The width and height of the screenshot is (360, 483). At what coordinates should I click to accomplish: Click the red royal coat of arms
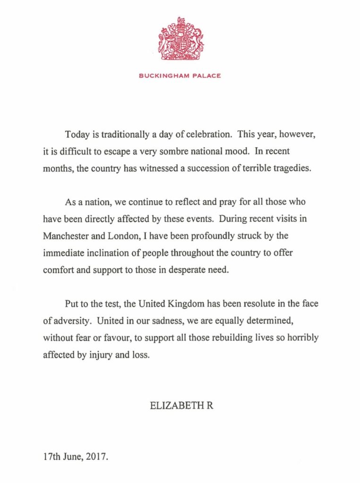(x=180, y=40)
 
